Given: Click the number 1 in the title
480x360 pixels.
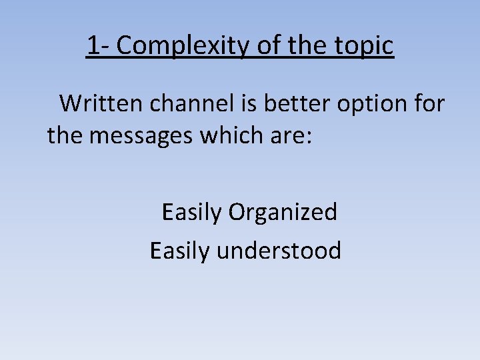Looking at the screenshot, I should point(93,45).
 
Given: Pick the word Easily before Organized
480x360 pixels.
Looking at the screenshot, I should point(191,213).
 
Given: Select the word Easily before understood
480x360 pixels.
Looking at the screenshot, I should point(180,251).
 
